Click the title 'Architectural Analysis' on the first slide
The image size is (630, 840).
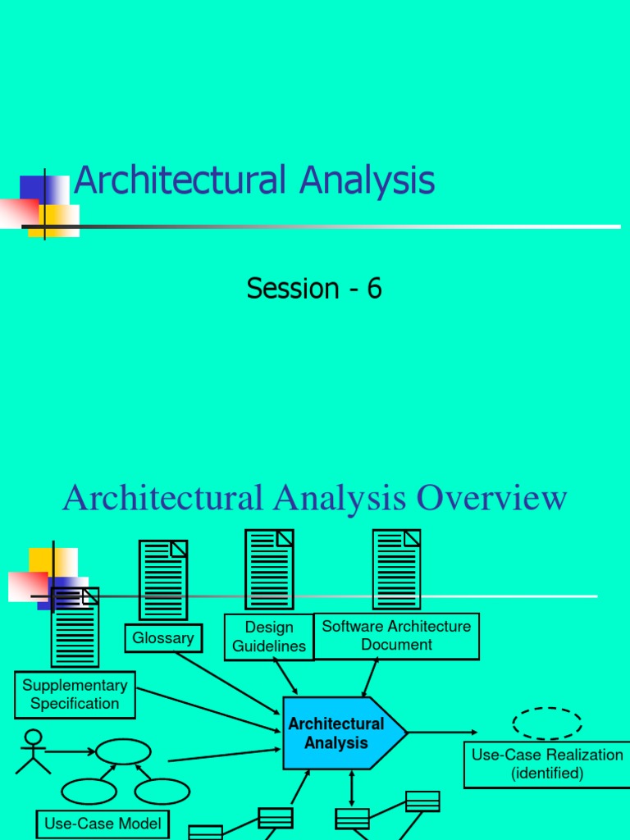[254, 180]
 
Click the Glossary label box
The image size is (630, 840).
[163, 638]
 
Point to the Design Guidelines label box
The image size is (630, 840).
[268, 637]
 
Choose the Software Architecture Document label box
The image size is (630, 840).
[396, 636]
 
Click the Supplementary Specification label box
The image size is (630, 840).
[75, 694]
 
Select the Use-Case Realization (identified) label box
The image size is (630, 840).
[547, 764]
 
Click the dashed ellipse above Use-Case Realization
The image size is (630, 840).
[547, 724]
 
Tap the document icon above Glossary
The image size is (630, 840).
[163, 580]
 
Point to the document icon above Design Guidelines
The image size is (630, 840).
[269, 569]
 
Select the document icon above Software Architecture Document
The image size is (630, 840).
[396, 569]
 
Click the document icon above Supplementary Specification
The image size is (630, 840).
[75, 628]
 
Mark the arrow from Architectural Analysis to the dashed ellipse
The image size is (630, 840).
[443, 732]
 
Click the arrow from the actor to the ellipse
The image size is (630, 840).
[71, 751]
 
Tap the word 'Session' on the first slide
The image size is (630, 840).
[293, 288]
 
